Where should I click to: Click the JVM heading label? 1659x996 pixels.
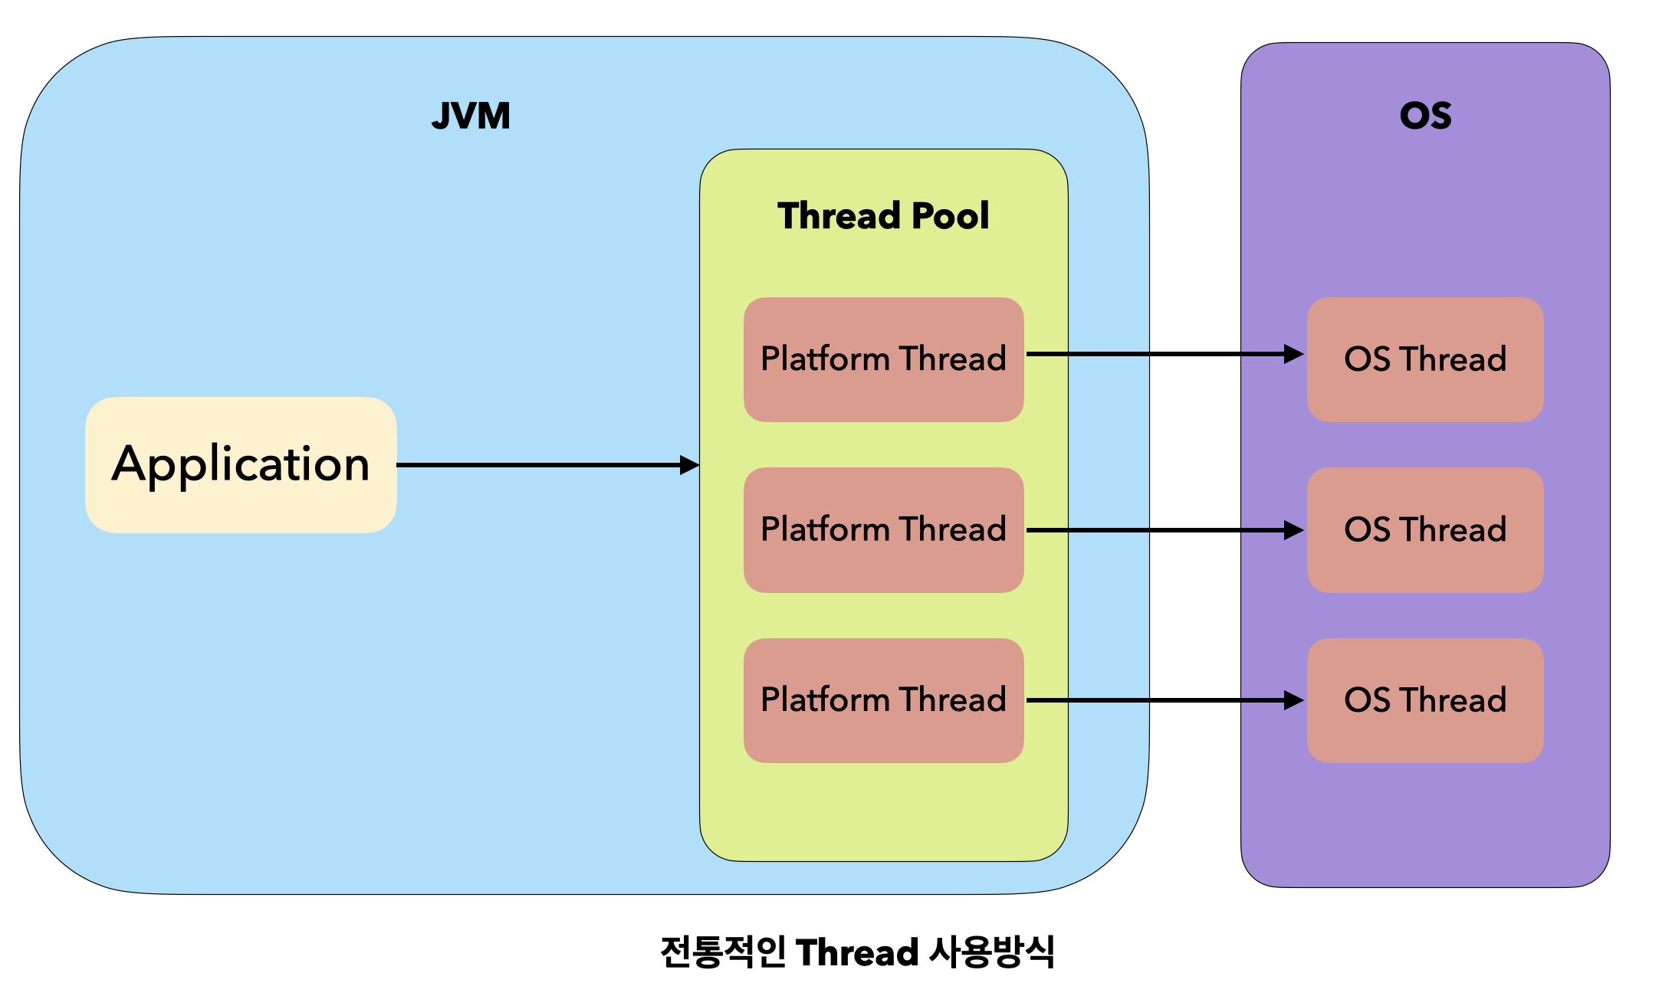(471, 116)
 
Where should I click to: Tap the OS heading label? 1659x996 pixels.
(1425, 116)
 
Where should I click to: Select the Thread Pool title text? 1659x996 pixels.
(883, 216)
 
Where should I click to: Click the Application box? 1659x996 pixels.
(241, 464)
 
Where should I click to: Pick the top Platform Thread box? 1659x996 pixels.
(883, 359)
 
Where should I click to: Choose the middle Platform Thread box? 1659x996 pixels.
(883, 529)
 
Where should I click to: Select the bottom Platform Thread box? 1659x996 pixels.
(883, 700)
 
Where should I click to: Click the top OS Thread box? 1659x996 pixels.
(1425, 359)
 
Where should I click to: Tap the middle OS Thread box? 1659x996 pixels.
(1425, 529)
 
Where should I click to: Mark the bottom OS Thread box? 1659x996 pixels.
(1425, 700)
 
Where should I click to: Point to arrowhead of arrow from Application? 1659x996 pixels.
(689, 465)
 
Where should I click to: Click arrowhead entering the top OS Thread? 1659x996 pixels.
(1293, 354)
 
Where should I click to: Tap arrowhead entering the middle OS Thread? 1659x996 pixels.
(1293, 530)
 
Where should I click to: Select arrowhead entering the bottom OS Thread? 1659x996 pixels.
(1293, 700)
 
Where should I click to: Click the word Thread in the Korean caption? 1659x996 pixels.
(857, 953)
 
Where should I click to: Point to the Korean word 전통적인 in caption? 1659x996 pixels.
(722, 953)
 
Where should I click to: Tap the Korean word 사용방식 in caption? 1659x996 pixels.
(992, 953)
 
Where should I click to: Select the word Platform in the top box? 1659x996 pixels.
(825, 359)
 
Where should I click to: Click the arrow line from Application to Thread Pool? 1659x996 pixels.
(537, 465)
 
